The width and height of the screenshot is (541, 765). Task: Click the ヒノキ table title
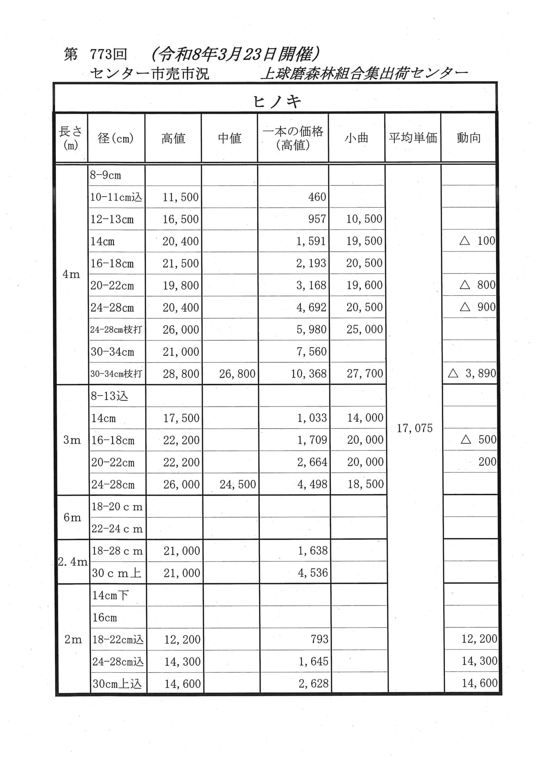[x=277, y=102]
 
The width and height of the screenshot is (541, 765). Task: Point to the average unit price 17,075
[x=414, y=428]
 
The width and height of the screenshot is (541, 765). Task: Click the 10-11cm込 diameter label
[x=116, y=197]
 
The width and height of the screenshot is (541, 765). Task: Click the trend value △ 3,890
[x=472, y=373]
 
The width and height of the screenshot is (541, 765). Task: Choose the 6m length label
[x=72, y=518]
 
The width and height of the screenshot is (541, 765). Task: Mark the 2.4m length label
[x=73, y=562]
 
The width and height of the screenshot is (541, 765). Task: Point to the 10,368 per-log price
[x=309, y=374]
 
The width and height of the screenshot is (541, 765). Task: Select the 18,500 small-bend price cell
[x=366, y=484]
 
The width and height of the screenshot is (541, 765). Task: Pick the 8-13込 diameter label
[x=109, y=396]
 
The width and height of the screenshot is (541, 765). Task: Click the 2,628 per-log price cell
[x=313, y=684]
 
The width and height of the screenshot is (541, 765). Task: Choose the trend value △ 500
[x=479, y=440]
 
